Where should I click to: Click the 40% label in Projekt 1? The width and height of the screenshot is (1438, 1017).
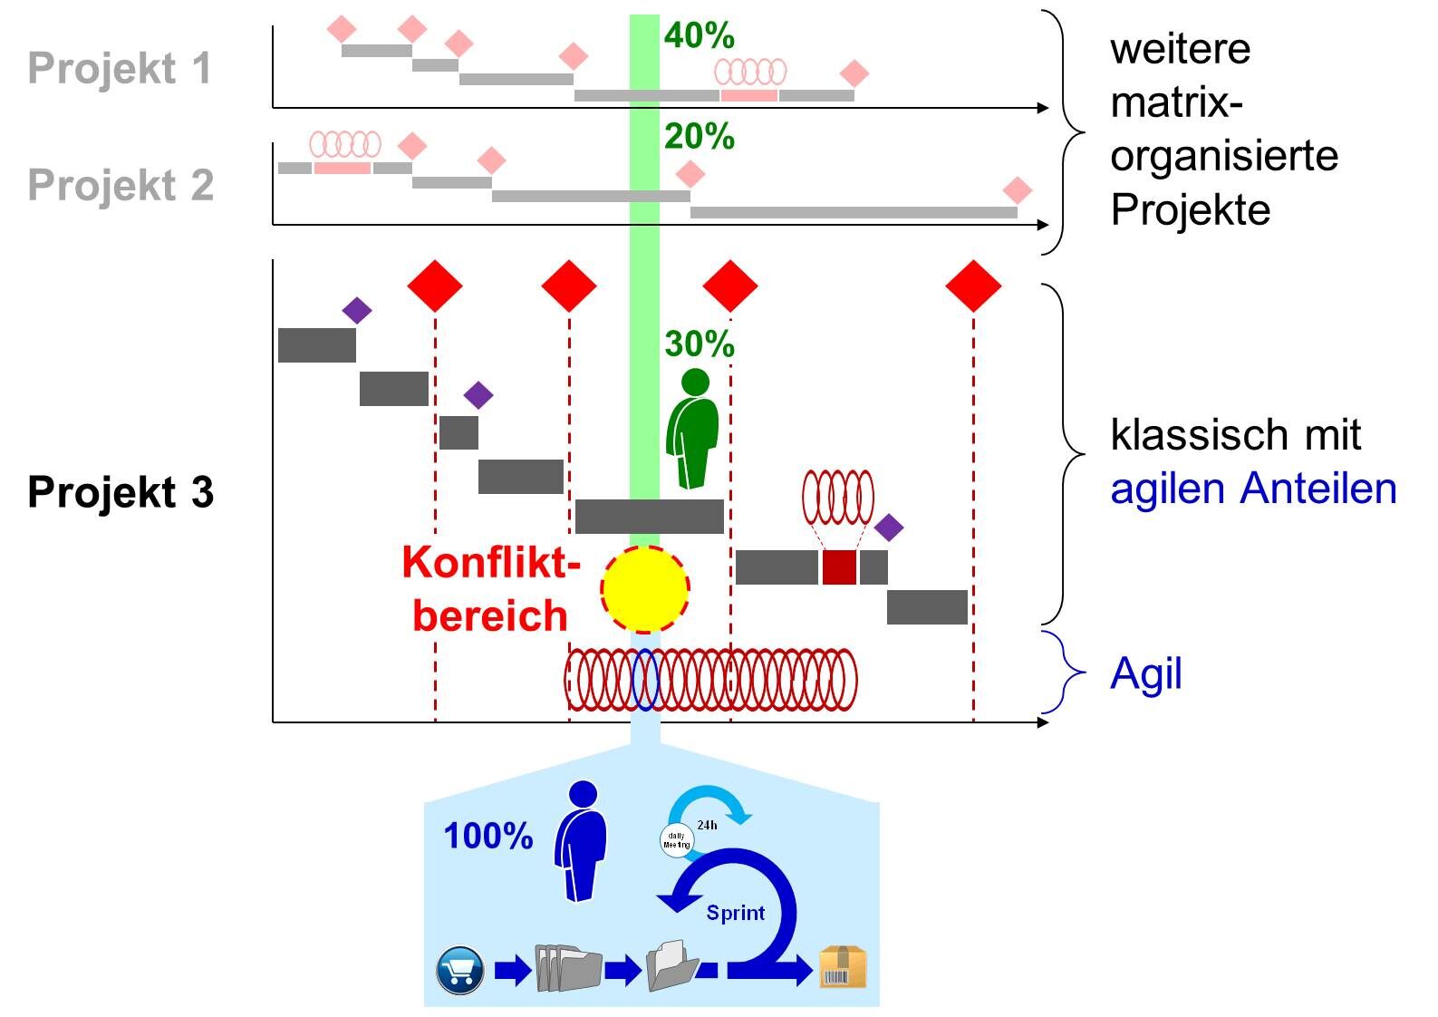pos(699,36)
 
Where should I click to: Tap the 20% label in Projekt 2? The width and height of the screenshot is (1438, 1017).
pos(699,137)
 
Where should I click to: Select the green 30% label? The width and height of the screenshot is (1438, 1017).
pos(699,344)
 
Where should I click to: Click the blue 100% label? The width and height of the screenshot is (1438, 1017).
pos(487,836)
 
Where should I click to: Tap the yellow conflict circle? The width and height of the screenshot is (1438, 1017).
pos(644,589)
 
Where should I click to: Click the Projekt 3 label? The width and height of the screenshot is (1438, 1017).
pos(121,492)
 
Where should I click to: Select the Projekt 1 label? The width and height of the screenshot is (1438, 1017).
pos(120,69)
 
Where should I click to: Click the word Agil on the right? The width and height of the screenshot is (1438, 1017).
pos(1146,674)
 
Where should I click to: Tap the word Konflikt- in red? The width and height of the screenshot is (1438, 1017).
pos(491,563)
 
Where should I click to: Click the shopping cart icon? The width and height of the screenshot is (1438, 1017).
pos(459,970)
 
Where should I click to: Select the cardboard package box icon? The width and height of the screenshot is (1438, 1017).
pos(843,967)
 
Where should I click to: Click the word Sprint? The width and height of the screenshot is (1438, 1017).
pos(735,913)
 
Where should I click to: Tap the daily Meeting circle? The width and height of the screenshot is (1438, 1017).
pos(677,840)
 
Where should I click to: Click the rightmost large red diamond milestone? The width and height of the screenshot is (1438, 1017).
pos(973,286)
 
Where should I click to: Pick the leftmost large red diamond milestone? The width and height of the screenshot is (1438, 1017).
pos(435,286)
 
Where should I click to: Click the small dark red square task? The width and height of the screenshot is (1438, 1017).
pos(839,567)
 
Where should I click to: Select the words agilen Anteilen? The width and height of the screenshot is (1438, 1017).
pos(1253,489)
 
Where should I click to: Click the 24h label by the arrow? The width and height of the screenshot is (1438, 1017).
pos(707,825)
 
